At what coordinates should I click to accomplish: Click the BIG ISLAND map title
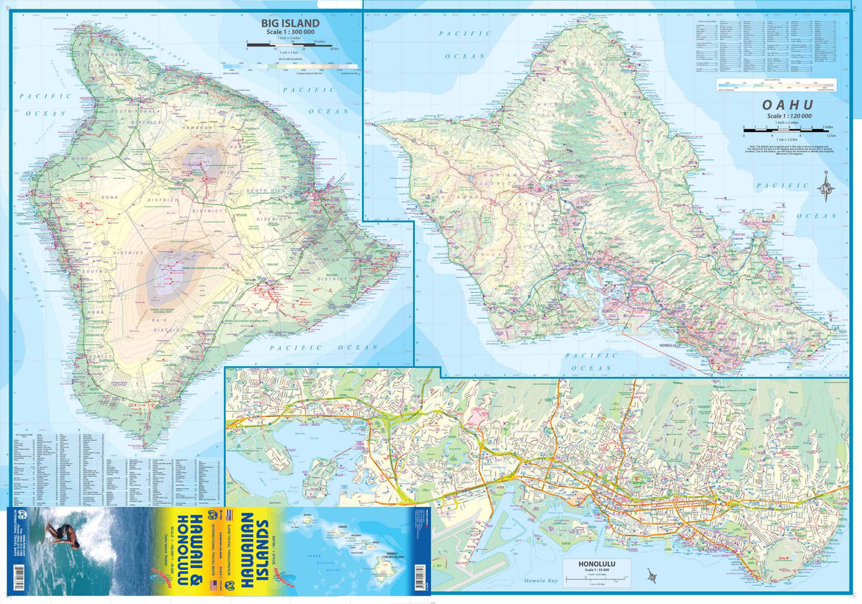coord(290,24)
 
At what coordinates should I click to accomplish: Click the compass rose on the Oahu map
coord(825,188)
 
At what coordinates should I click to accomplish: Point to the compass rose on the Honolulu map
coord(652,576)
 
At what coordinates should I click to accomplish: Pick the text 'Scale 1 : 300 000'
coord(290,33)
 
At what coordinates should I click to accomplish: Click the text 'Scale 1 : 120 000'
coord(788,116)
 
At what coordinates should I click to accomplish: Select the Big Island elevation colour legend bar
coord(302,66)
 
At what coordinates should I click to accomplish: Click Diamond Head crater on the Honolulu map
coord(779,554)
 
